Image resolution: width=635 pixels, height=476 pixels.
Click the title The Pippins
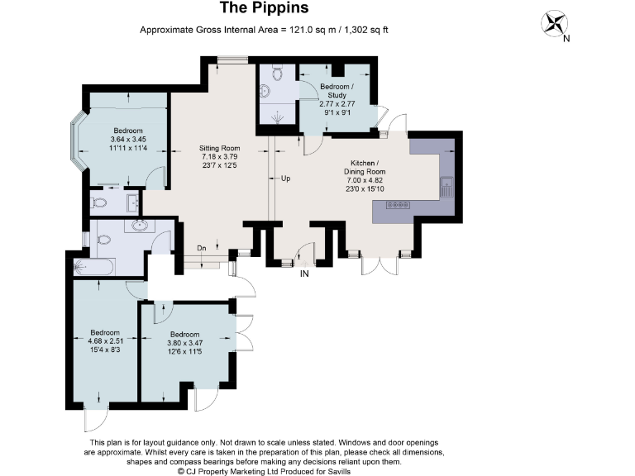(264, 7)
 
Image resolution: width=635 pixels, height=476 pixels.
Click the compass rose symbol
(554, 23)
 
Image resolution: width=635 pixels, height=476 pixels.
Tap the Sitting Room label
(219, 148)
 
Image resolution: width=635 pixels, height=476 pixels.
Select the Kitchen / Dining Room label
(365, 167)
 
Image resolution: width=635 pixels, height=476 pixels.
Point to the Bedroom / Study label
(337, 91)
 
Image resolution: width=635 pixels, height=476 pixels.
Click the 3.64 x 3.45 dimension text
(128, 139)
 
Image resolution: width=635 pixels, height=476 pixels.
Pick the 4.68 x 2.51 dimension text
(105, 341)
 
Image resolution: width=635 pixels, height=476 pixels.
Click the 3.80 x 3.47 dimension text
(184, 343)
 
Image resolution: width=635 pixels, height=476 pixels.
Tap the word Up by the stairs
(285, 178)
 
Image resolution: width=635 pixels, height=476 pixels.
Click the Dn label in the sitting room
(202, 248)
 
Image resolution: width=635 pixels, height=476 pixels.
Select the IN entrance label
(304, 274)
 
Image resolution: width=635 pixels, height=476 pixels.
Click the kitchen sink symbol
(446, 187)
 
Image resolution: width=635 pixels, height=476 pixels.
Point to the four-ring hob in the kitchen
(398, 205)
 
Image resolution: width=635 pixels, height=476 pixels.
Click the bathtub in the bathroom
(94, 267)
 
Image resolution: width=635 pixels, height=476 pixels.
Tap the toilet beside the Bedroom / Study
(277, 72)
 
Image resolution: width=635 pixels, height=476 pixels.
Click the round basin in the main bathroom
(140, 226)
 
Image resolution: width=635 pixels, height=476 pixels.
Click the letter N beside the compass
(566, 39)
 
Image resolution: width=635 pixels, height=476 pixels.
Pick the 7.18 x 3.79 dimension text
(219, 157)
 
